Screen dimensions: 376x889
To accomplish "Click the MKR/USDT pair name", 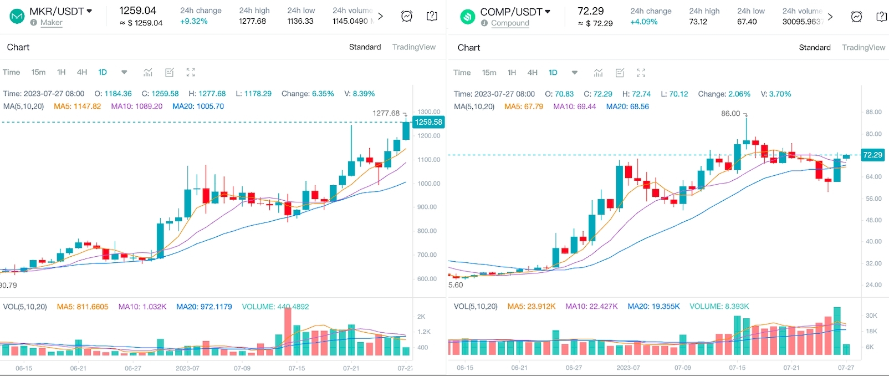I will pyautogui.click(x=57, y=11).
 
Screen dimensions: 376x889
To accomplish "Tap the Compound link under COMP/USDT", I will pyautogui.click(x=510, y=23).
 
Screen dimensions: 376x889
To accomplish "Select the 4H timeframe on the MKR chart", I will pyautogui.click(x=82, y=72).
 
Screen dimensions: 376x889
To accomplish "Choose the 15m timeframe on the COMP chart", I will pyautogui.click(x=489, y=73).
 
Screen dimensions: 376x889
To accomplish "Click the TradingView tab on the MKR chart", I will pyautogui.click(x=413, y=47).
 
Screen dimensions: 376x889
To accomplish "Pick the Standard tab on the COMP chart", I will pyautogui.click(x=814, y=48).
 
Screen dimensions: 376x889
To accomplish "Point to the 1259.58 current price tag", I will pyautogui.click(x=428, y=122).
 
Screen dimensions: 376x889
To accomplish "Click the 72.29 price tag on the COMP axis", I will pyautogui.click(x=872, y=155).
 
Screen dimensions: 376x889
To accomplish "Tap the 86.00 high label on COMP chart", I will pyautogui.click(x=730, y=114).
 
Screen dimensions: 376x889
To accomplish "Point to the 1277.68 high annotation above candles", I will pyautogui.click(x=386, y=113).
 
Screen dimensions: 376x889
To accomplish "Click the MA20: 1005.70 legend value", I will pyautogui.click(x=198, y=106).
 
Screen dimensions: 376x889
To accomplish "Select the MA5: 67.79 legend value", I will pyautogui.click(x=524, y=106).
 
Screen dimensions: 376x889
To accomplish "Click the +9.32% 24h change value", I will pyautogui.click(x=194, y=21).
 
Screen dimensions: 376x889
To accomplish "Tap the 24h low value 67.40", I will pyautogui.click(x=747, y=22).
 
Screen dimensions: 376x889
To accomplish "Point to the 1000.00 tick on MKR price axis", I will pyautogui.click(x=428, y=184).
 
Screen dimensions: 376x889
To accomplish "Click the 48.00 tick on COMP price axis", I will pyautogui.click(x=873, y=220).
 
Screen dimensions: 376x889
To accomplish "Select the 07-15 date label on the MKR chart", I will pyautogui.click(x=297, y=368).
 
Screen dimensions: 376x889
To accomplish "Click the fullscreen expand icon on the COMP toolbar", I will pyautogui.click(x=641, y=73).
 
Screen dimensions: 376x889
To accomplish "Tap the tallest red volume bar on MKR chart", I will pyautogui.click(x=288, y=332).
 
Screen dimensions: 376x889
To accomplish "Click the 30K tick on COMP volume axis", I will pyautogui.click(x=871, y=316).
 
